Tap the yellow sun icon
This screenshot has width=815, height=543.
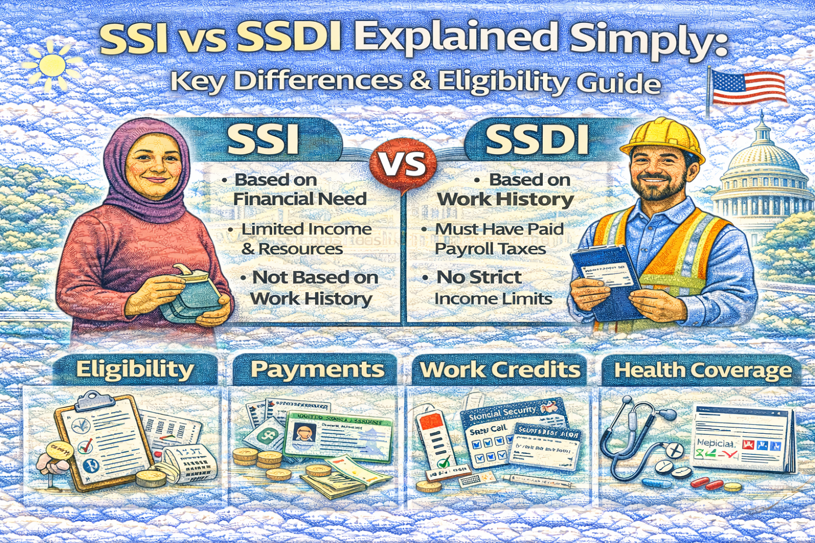51,66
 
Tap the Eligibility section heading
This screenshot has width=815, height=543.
135,370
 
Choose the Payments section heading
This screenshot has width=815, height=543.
317,370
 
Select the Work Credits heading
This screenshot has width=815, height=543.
500,370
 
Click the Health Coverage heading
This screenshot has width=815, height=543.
703,371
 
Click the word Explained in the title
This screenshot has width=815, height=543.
456,38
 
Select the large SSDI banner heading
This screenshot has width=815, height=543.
537,140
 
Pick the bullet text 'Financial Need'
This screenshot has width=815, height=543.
300,199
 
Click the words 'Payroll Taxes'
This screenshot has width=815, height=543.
490,249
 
